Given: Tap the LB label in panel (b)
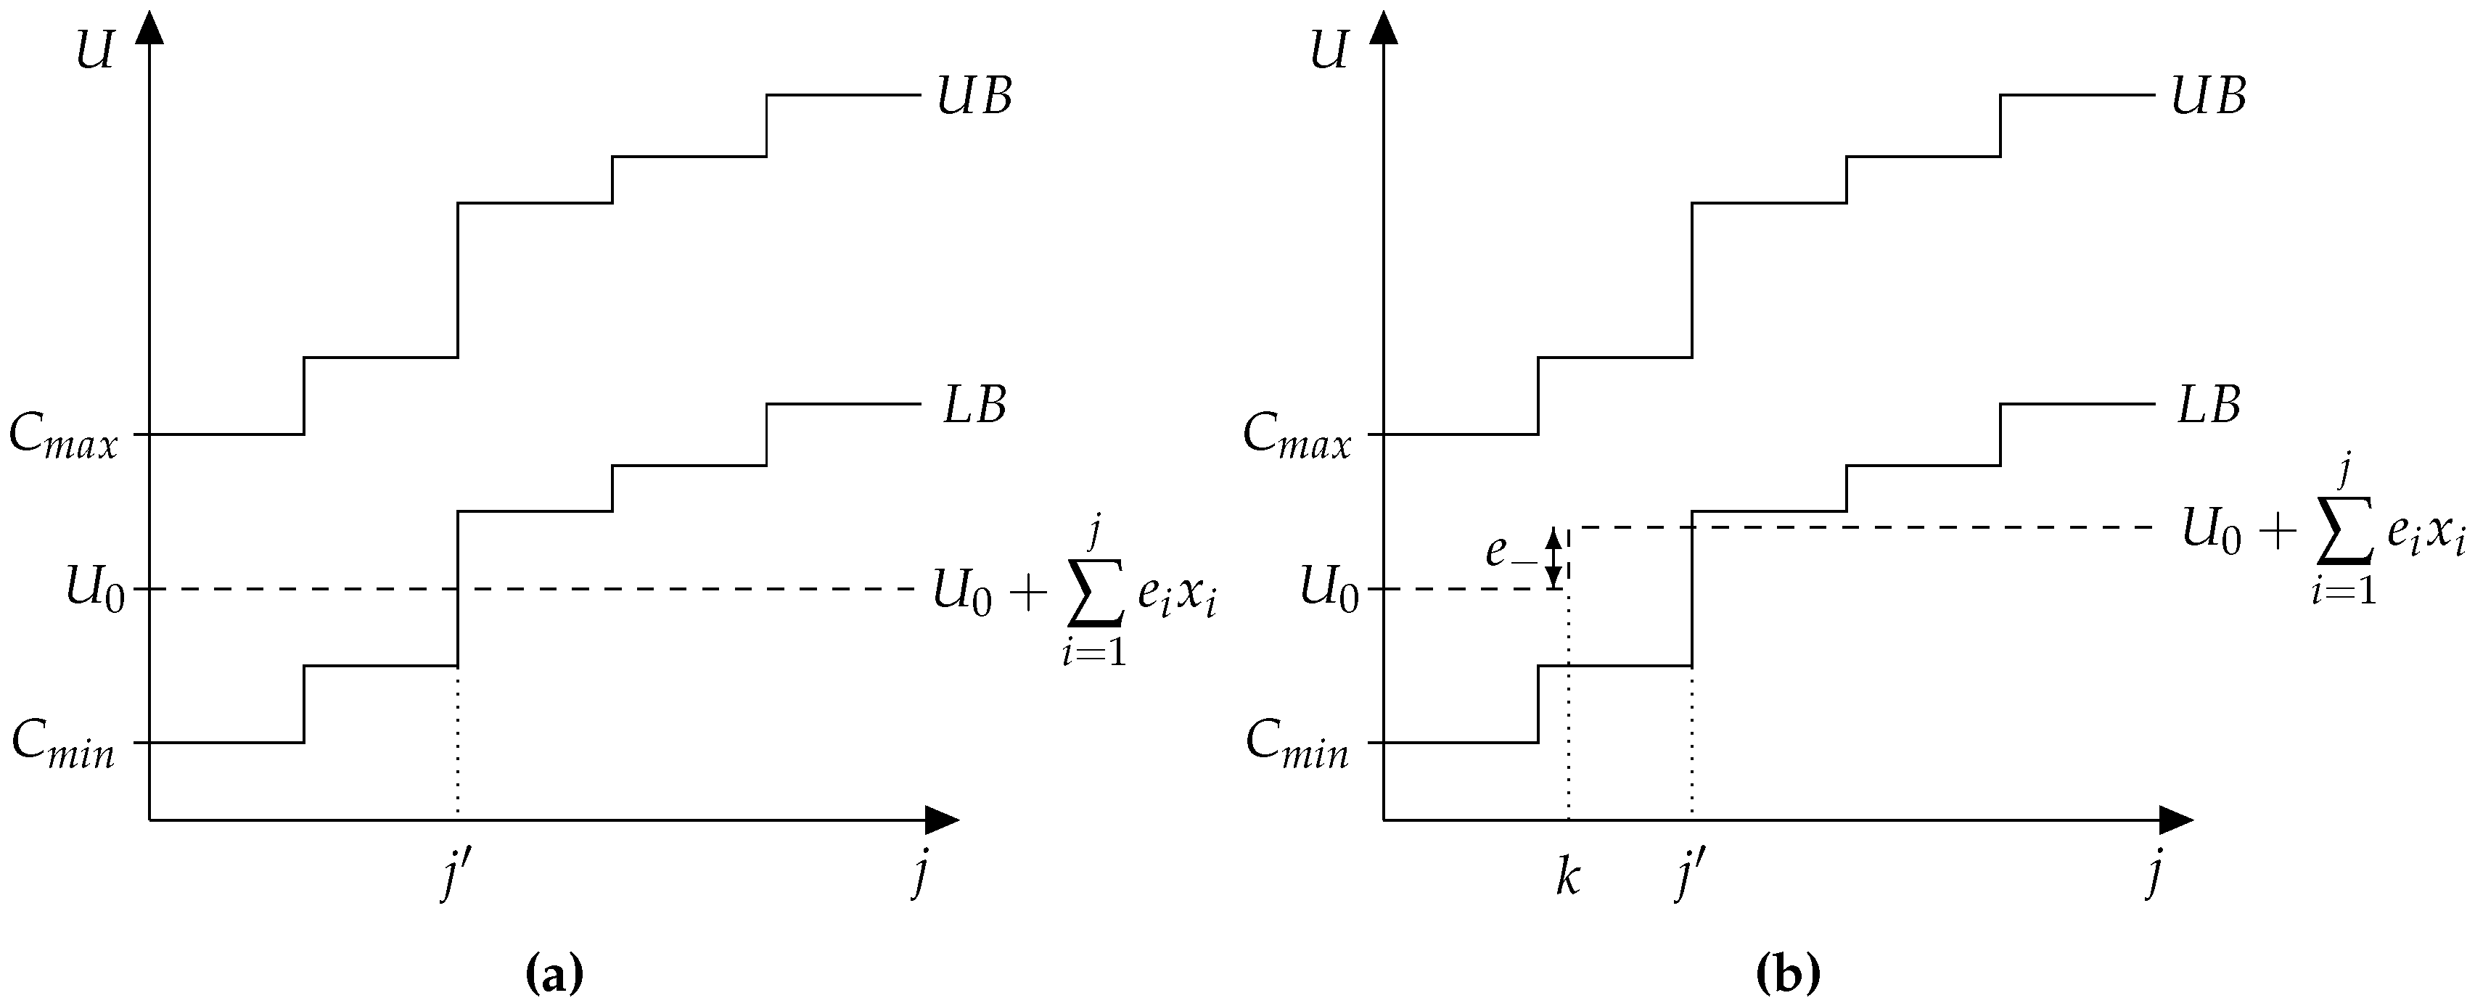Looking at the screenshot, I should [x=2208, y=405].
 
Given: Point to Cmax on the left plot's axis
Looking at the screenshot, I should [x=63, y=437].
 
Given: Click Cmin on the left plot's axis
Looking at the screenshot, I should [x=63, y=745].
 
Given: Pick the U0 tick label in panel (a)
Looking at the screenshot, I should [x=94, y=588].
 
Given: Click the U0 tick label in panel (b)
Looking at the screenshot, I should [x=1329, y=588].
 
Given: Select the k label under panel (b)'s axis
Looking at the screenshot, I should [x=1567, y=877].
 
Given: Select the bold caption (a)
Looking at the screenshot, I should [x=554, y=976].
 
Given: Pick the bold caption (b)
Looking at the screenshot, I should [x=1788, y=976].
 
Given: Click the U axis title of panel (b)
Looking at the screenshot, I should [x=1328, y=51].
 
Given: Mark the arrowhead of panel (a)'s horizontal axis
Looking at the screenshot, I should [x=942, y=820].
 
